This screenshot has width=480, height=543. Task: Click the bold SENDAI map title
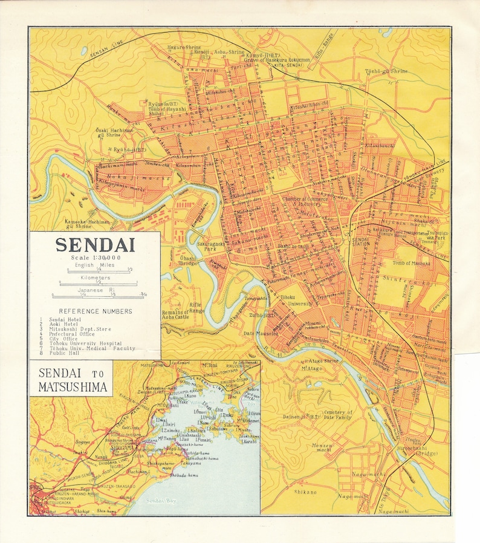click(95, 245)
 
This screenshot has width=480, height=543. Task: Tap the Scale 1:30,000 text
click(95, 258)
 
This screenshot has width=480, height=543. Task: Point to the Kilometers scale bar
click(95, 282)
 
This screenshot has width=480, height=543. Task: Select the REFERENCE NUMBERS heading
click(95, 311)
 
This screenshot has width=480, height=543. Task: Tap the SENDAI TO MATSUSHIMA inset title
click(72, 380)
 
